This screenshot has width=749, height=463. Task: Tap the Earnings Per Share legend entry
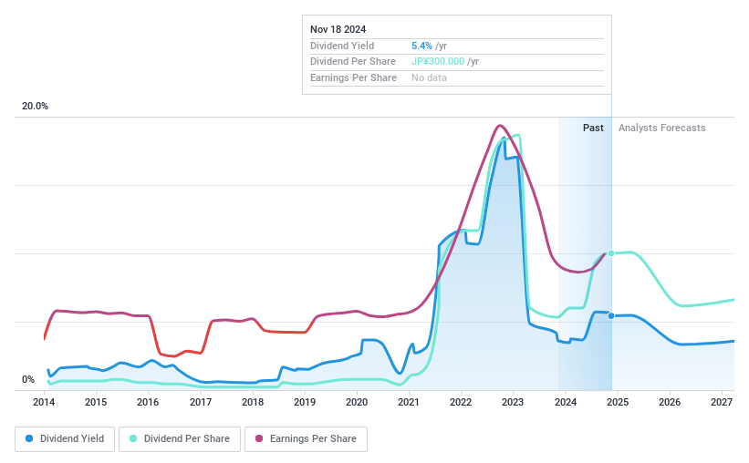pyautogui.click(x=306, y=438)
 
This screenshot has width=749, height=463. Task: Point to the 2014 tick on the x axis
pyautogui.click(x=44, y=402)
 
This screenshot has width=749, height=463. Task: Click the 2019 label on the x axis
pyautogui.click(x=305, y=402)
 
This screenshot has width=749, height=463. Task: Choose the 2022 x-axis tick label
pyautogui.click(x=461, y=402)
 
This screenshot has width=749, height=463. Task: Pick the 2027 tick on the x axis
pyautogui.click(x=722, y=402)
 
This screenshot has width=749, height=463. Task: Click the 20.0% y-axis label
pyautogui.click(x=36, y=107)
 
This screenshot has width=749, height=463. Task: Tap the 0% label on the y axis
pyautogui.click(x=28, y=380)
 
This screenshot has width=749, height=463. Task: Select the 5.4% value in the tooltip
pyautogui.click(x=422, y=46)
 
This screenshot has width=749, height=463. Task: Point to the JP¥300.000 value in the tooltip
pyautogui.click(x=438, y=62)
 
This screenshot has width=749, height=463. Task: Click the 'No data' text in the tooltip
pyautogui.click(x=429, y=78)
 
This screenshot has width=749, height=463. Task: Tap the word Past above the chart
pyautogui.click(x=593, y=129)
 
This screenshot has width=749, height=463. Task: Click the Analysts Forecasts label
pyautogui.click(x=661, y=129)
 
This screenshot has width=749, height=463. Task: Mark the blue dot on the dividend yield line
pyautogui.click(x=611, y=315)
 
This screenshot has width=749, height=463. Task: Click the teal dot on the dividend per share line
pyautogui.click(x=611, y=253)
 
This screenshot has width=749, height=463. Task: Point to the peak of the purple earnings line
pyautogui.click(x=499, y=126)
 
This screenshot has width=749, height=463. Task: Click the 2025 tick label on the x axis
pyautogui.click(x=618, y=402)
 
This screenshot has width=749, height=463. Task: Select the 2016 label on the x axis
pyautogui.click(x=148, y=402)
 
